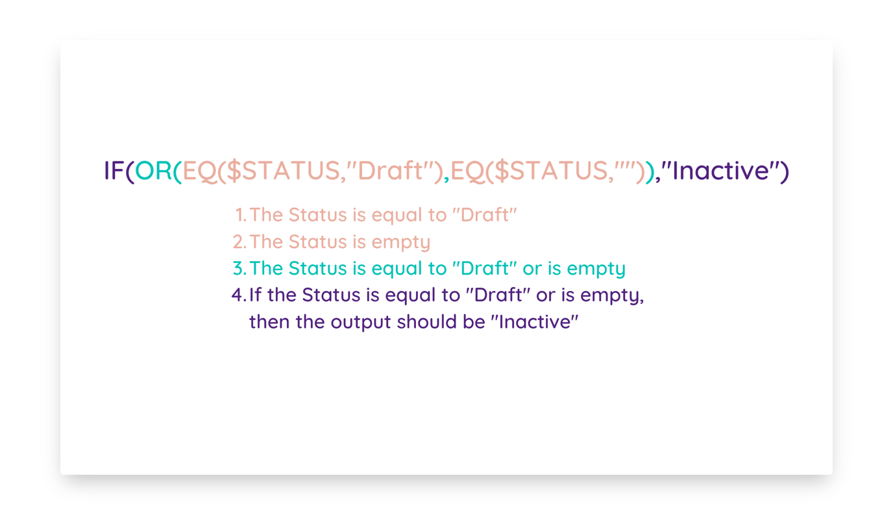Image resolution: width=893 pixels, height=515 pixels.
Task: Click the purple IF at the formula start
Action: [x=114, y=170]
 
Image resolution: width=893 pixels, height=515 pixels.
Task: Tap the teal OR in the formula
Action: [x=153, y=170]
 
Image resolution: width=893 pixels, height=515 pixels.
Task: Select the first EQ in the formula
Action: [x=199, y=171]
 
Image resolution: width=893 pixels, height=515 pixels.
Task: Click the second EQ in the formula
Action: [x=467, y=171]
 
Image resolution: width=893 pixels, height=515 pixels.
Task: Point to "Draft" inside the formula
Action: [x=390, y=170]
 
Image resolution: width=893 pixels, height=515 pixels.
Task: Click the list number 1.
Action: [x=241, y=214]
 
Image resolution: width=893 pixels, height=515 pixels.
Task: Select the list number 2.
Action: [x=239, y=242]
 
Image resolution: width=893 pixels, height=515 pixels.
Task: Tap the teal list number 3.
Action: [x=239, y=268]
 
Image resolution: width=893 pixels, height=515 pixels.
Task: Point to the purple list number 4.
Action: [x=239, y=295]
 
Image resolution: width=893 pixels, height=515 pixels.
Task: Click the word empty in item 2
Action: [x=400, y=243]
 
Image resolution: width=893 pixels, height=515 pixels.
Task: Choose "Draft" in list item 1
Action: [x=484, y=214]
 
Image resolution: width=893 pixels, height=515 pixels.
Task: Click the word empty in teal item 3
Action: [x=596, y=270]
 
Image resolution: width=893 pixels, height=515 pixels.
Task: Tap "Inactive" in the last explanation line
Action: [x=534, y=321]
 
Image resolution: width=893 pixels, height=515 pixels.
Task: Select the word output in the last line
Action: [x=360, y=323]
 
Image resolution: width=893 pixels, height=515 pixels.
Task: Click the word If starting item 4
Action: [x=256, y=294]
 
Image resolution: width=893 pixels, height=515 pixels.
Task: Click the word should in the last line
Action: [x=426, y=321]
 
